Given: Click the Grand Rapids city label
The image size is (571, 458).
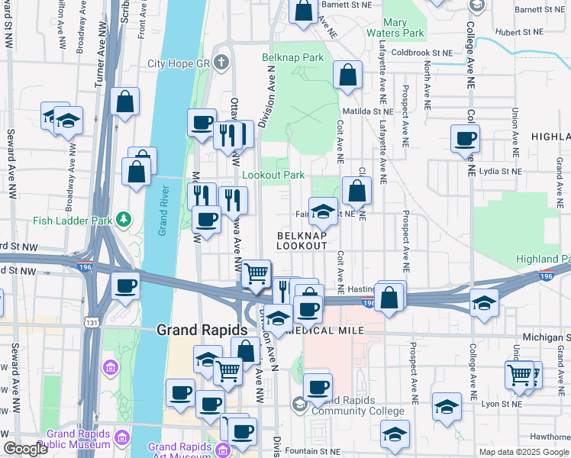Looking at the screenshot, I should pos(202,331).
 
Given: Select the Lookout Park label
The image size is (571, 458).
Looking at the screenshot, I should pos(273,175).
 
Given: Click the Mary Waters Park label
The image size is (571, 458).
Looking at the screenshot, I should pos(405,28).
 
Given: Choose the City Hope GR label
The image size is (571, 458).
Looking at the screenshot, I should pos(178,63).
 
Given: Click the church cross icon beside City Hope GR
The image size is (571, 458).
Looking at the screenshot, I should pos(221,63).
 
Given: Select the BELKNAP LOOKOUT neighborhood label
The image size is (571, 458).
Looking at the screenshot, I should pos(302,240).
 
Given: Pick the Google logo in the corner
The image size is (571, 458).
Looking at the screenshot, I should pos(25,449).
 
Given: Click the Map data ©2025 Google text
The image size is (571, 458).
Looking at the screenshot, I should pos(524,452).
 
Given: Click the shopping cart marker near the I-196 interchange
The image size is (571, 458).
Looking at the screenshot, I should pos(257,273).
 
